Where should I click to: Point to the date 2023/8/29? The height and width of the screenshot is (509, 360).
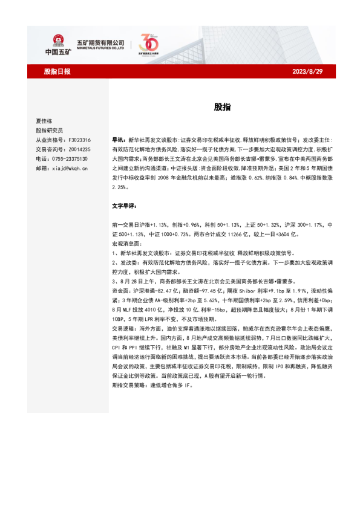tap(308, 71)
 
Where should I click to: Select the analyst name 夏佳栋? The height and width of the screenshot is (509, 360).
tap(45, 120)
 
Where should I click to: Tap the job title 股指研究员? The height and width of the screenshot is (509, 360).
tap(49, 130)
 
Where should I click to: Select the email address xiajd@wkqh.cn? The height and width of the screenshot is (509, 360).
tap(69, 169)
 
